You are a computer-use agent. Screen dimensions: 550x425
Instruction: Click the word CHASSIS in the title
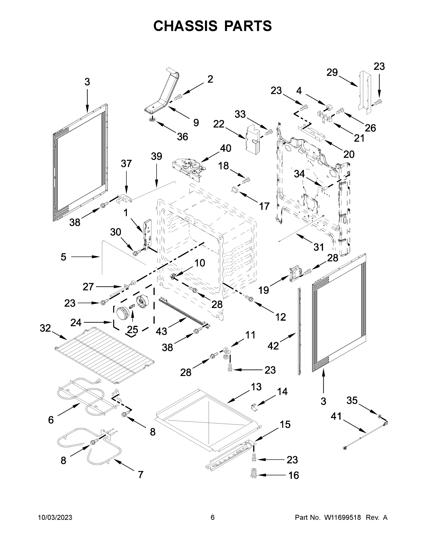coord(185,26)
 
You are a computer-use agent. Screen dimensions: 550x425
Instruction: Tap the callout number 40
coord(226,148)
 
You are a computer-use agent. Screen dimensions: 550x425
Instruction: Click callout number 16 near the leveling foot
coord(293,476)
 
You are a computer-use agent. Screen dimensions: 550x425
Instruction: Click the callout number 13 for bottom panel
coord(256,387)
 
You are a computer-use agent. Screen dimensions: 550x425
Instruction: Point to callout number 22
coord(219,124)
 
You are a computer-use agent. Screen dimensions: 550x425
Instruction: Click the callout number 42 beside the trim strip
coord(273,346)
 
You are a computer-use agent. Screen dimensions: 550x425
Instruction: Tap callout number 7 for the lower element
coord(140,475)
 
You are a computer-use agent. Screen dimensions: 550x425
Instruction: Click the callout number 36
coord(183,137)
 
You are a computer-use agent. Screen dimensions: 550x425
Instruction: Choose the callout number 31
coord(318,247)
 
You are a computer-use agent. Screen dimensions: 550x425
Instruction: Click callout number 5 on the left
coord(63,257)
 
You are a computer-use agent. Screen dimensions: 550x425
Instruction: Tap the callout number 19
coord(264,290)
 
